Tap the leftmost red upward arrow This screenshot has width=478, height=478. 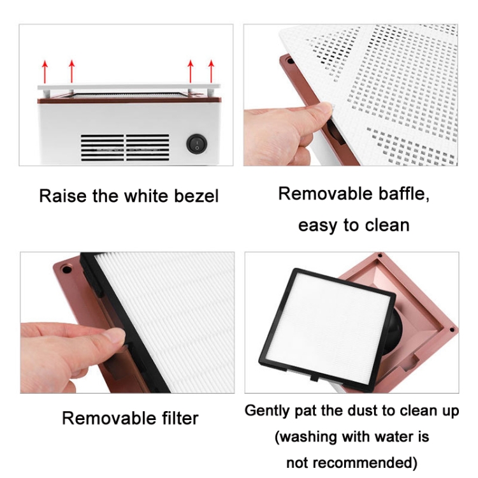click(x=45, y=71)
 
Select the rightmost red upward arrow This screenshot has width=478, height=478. click(x=211, y=71)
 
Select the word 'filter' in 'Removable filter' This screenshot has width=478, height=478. click(x=180, y=417)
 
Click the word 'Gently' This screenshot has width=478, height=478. click(x=267, y=411)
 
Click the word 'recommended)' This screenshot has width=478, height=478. click(x=365, y=463)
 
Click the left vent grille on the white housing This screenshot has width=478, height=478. click(x=103, y=148)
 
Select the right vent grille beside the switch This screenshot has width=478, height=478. click(x=148, y=148)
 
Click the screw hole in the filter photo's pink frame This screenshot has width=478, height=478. click(x=66, y=270)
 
